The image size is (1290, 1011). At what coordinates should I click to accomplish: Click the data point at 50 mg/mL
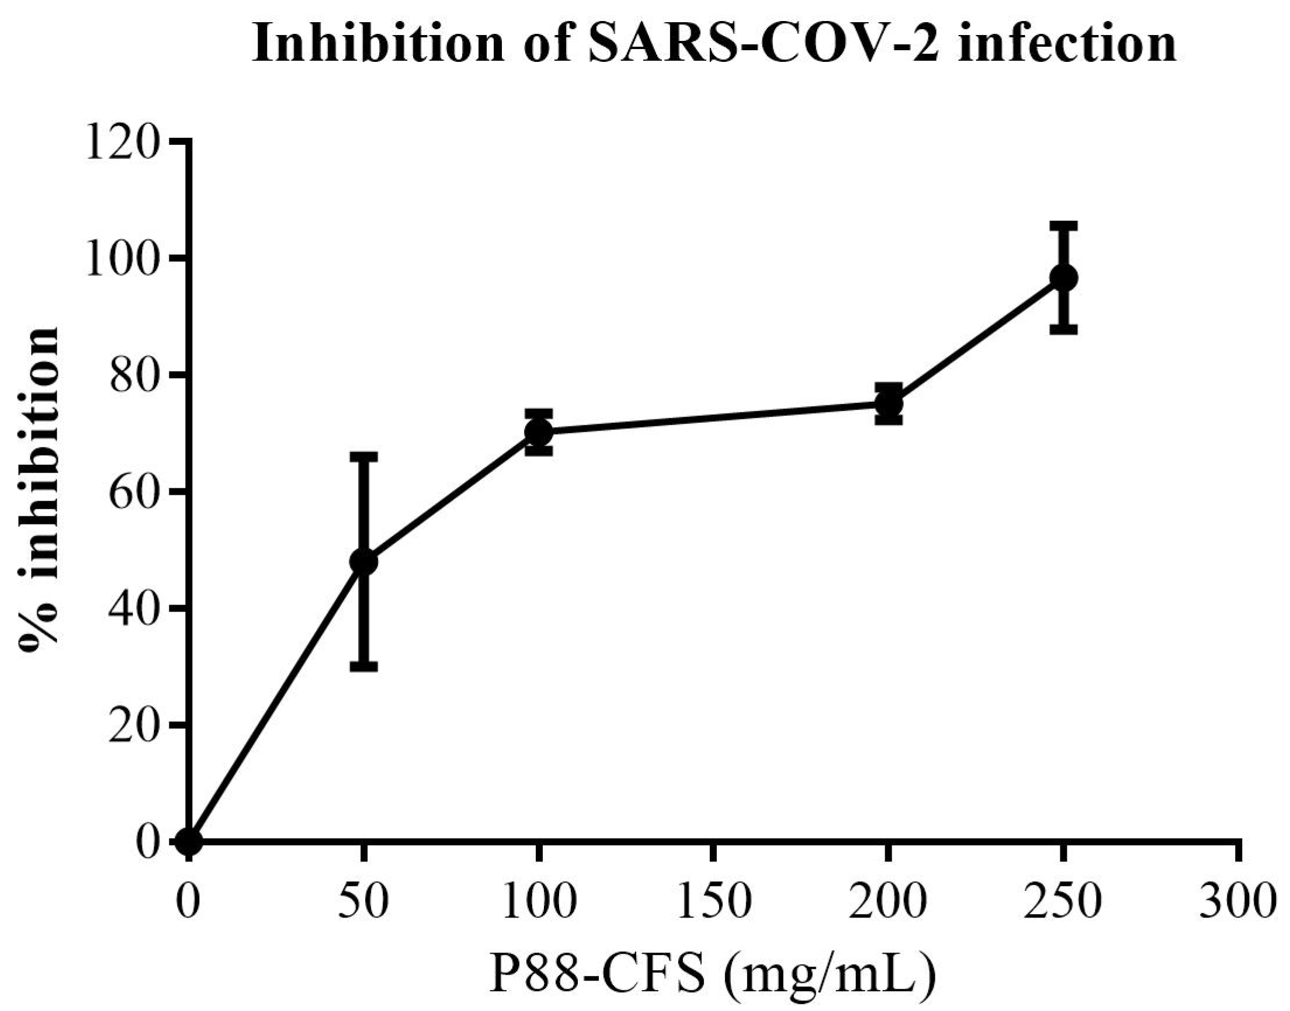click(x=363, y=561)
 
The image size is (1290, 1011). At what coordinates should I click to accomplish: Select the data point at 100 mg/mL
click(x=539, y=432)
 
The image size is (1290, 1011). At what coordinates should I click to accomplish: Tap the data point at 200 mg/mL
click(x=889, y=404)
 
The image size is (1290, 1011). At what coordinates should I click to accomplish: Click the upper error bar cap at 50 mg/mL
click(x=363, y=457)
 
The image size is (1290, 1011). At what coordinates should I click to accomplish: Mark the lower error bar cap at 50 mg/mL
click(x=363, y=666)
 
